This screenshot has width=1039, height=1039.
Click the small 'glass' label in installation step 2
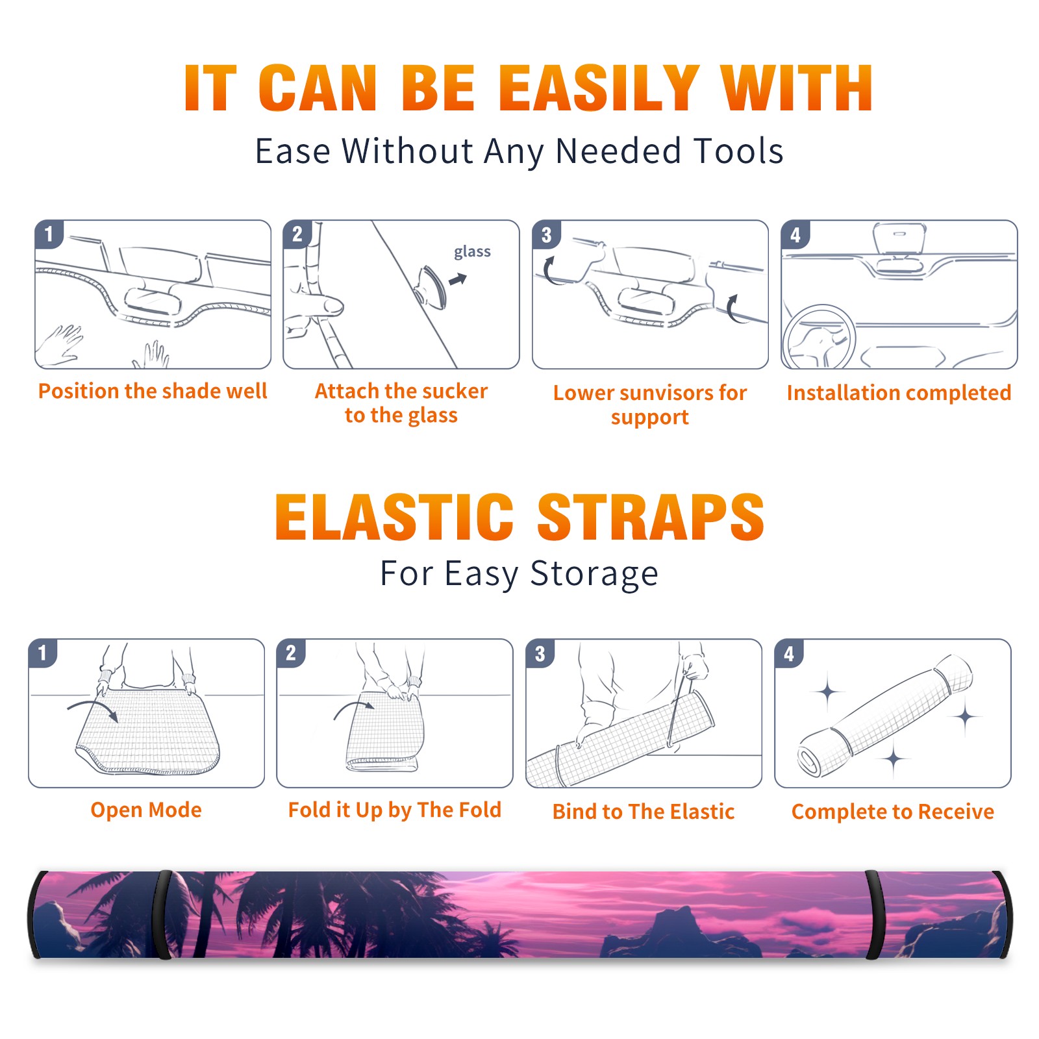(472, 252)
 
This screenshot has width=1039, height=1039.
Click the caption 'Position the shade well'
(153, 391)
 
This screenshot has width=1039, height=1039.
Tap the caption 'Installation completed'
(899, 393)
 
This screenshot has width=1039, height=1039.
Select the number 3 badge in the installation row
(546, 234)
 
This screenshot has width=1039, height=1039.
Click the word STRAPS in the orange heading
(651, 517)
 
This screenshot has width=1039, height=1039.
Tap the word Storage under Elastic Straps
(594, 574)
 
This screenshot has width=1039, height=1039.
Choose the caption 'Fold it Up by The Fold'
(395, 810)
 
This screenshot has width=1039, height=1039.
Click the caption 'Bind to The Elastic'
(644, 812)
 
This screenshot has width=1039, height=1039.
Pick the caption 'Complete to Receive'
(893, 812)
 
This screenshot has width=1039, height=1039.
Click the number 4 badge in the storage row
(789, 653)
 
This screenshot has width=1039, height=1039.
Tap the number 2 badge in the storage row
(291, 653)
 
